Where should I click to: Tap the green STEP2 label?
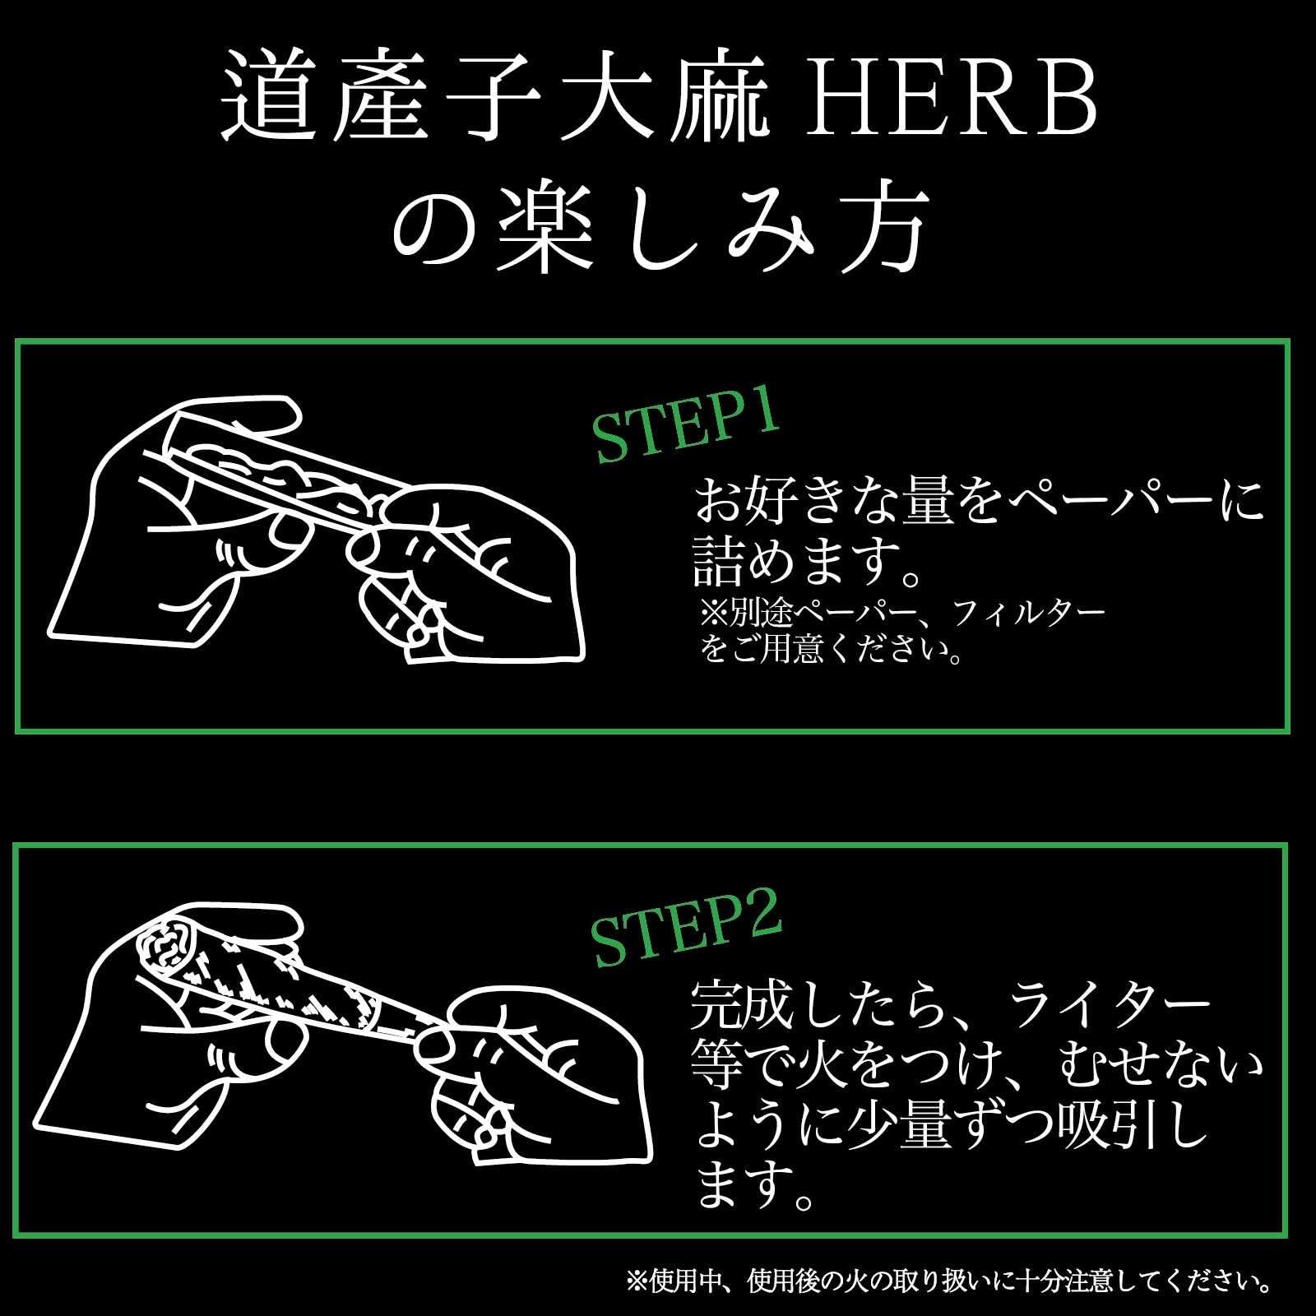coord(687,935)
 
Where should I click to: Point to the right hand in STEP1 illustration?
coord(469,576)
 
